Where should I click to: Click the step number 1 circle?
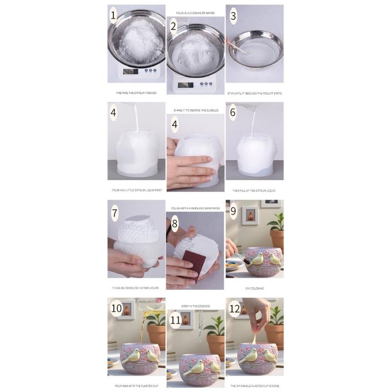(114, 16)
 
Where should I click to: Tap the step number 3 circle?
(233, 16)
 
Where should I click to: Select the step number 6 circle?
(233, 112)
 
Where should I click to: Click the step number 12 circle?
(234, 309)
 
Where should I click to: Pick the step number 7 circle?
(115, 213)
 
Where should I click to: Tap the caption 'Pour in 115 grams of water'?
(195, 13)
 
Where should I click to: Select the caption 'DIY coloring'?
(254, 288)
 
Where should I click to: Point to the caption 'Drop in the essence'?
(195, 306)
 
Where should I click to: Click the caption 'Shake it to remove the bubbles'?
(195, 110)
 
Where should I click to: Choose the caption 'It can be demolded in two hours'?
(136, 288)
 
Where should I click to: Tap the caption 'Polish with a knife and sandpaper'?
(195, 208)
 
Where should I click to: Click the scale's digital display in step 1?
(130, 71)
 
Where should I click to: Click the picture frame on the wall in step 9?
(250, 215)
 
